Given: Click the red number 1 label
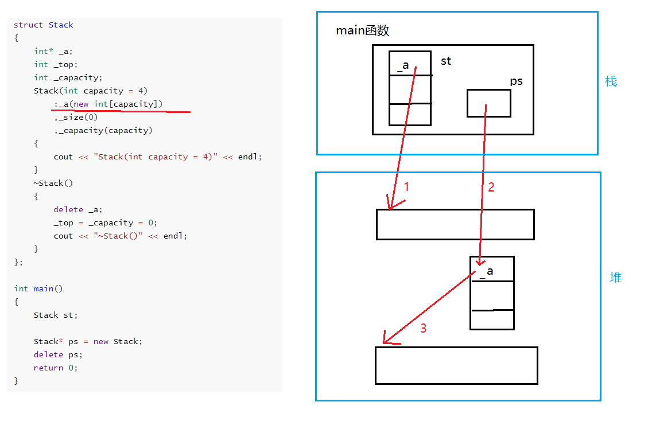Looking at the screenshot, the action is tap(407, 186).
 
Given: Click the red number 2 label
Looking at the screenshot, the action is tap(491, 187).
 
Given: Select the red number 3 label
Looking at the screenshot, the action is tap(424, 328).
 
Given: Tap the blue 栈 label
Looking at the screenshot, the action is tap(611, 81).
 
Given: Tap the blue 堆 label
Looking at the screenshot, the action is tap(615, 277).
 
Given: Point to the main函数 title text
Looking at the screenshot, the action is tap(362, 30).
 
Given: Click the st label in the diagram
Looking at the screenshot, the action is tap(446, 61).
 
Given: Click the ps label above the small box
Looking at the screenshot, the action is tap(516, 81).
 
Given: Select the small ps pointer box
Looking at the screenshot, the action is tap(488, 103).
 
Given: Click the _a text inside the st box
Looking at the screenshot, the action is tap(403, 65).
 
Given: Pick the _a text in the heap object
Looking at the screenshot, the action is tap(487, 272).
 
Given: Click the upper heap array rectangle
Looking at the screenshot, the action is tap(455, 224).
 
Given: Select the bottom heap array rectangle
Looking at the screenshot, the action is tap(456, 366).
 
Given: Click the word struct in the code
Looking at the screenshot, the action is tap(28, 25).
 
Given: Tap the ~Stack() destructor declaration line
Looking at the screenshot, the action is tap(53, 184).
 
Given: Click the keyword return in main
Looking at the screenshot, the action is tap(48, 368).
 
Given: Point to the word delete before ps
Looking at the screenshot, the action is tap(48, 354).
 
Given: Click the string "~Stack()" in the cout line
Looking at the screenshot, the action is tap(118, 236).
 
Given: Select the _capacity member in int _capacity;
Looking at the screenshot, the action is tap(77, 77).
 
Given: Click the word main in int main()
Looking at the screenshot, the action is tap(43, 289).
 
